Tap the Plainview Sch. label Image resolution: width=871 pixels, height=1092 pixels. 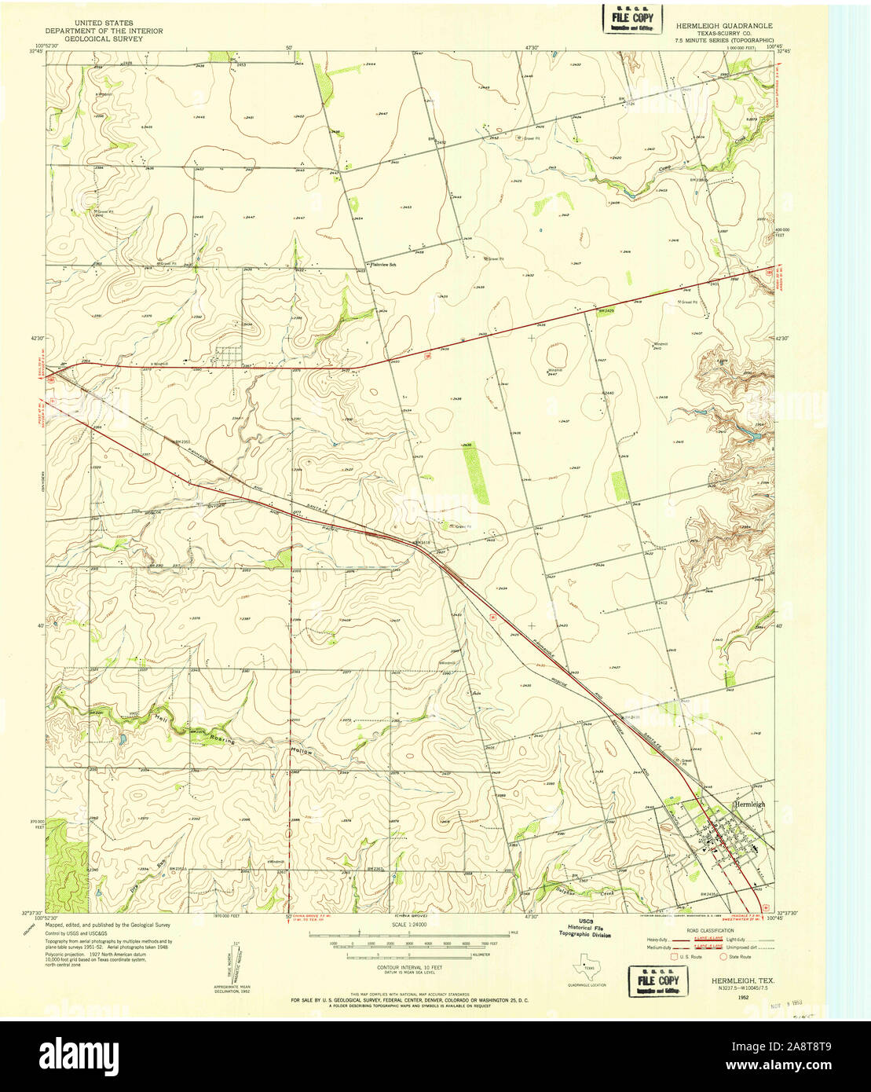(386, 265)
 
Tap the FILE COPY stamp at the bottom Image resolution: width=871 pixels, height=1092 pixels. (658, 981)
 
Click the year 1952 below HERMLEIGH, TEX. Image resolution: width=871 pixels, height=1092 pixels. (742, 997)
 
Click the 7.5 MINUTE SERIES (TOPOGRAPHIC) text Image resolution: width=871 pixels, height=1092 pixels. (725, 38)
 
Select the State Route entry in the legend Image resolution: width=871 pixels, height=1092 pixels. (738, 956)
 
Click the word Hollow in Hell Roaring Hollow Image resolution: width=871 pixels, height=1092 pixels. (303, 752)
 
